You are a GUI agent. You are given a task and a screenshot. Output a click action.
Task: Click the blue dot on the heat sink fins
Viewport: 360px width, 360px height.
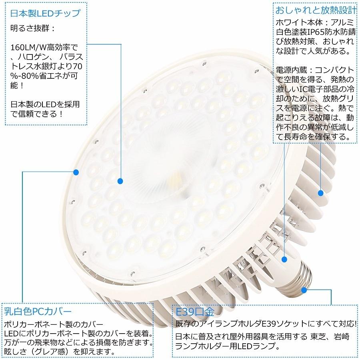(x=321, y=193)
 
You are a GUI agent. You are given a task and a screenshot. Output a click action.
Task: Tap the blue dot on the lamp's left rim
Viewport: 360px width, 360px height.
(x=76, y=172)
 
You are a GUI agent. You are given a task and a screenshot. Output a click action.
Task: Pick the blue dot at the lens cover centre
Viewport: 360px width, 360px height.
(x=120, y=182)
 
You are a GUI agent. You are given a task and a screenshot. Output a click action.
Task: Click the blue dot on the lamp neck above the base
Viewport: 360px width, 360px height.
(x=284, y=259)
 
